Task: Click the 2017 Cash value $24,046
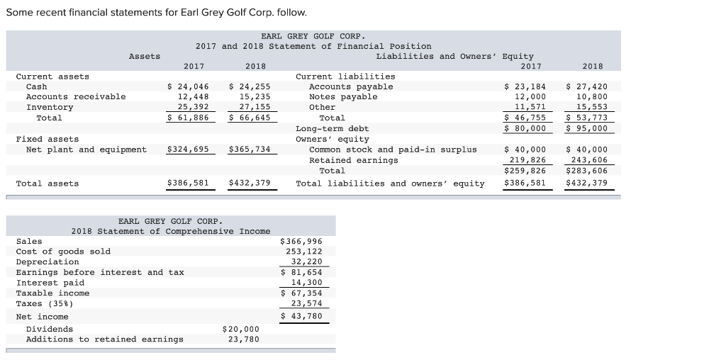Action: coord(188,86)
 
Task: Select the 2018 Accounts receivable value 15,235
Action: coord(254,96)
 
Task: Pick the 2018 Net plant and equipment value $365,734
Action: coord(250,150)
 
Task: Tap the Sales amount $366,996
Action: coord(302,241)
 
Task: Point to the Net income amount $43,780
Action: coord(302,316)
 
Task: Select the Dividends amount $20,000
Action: coord(241,329)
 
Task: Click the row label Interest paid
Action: coord(50,283)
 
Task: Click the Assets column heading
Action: coord(145,56)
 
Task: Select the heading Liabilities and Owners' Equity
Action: coord(454,56)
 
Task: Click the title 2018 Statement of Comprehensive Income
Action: coord(170,231)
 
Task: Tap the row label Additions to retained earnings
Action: coord(104,339)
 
